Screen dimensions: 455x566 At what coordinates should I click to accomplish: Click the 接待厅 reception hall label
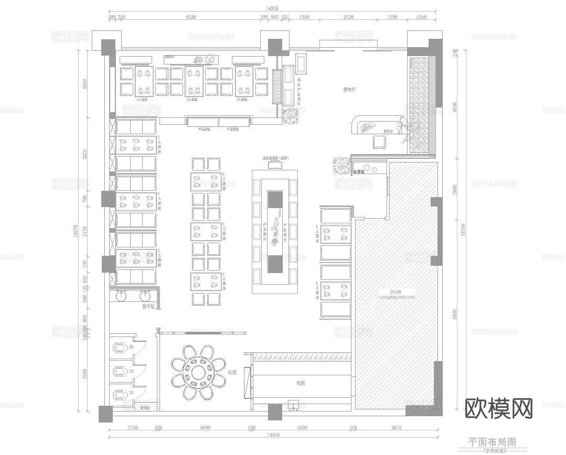click(x=349, y=90)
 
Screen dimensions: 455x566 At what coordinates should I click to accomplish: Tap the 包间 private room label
click(x=232, y=372)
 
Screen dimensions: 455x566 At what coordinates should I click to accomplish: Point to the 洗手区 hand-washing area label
click(x=148, y=306)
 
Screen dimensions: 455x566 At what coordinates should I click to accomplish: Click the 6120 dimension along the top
click(x=191, y=17)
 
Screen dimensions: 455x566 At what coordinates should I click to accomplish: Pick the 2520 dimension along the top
click(x=348, y=17)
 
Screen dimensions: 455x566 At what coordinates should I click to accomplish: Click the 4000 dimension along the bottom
click(x=205, y=428)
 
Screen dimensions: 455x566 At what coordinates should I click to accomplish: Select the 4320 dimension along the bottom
click(x=302, y=428)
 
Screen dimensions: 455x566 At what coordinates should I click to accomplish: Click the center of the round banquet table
click(x=198, y=372)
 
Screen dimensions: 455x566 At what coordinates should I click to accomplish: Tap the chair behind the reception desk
click(x=379, y=141)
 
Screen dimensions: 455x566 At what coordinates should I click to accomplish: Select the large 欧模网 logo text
click(x=498, y=407)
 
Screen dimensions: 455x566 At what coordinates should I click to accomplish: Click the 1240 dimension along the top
click(x=421, y=17)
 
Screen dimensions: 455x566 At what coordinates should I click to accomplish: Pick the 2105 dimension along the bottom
click(x=133, y=428)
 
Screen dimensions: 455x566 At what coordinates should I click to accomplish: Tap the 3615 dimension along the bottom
click(x=397, y=428)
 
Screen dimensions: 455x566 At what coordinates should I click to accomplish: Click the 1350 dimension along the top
click(x=304, y=17)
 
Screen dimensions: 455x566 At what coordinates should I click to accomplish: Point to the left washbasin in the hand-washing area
click(x=122, y=296)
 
